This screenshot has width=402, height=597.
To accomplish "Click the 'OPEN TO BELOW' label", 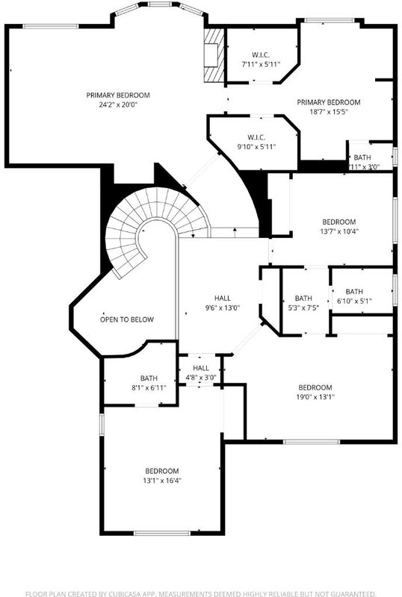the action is coord(126,319).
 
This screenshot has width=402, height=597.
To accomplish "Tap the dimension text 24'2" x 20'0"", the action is coord(118,104).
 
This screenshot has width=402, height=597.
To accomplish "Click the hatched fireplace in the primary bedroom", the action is coord(213,54).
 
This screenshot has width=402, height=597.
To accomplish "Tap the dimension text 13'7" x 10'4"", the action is coord(338,231).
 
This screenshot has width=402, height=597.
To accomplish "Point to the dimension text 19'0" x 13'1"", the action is coord(315,397).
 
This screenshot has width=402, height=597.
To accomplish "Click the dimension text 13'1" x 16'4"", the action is coord(162,481).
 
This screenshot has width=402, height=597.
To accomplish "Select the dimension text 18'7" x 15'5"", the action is coord(328,111).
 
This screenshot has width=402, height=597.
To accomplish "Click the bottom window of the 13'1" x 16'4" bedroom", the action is coord(161,533).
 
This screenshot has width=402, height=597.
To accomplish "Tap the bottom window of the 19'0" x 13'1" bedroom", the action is coord(312,442).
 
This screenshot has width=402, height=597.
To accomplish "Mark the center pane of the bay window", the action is coord(158,4).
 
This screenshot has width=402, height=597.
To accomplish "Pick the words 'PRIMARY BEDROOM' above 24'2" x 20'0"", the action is coord(118,96).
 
